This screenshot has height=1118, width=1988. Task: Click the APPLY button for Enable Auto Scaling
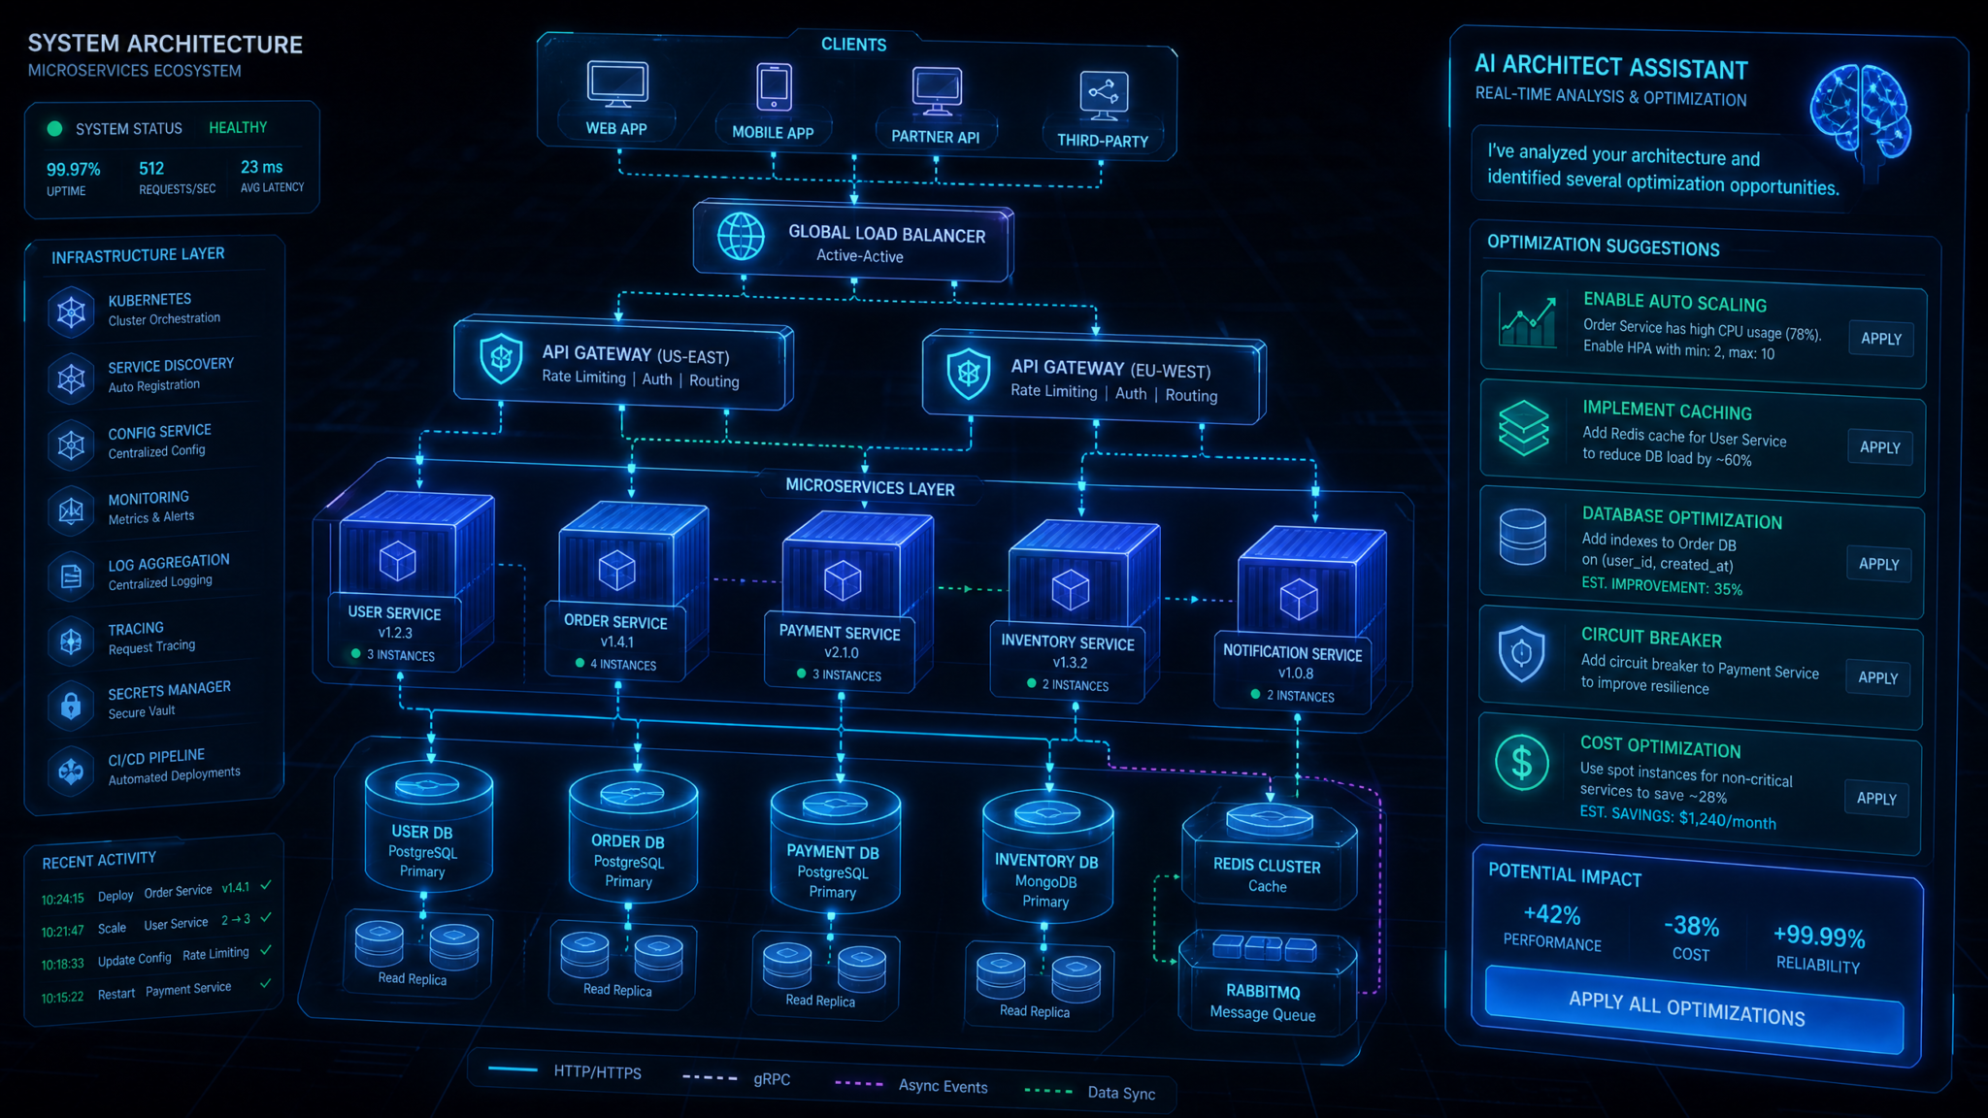(1881, 339)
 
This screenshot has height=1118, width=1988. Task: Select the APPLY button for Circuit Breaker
(1877, 677)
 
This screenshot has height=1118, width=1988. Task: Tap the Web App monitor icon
(616, 84)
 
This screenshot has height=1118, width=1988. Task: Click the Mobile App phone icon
(774, 87)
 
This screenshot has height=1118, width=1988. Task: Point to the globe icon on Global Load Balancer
(741, 236)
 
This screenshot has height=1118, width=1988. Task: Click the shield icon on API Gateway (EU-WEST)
(968, 373)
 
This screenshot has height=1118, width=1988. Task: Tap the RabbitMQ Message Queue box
(1265, 982)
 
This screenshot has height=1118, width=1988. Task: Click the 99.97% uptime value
(74, 169)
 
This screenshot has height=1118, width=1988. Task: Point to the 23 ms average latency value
(262, 167)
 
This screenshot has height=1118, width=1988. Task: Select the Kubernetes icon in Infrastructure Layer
(71, 312)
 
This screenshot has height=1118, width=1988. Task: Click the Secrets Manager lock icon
(71, 705)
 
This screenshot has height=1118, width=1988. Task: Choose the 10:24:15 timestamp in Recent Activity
(63, 899)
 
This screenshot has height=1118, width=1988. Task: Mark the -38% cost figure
(1691, 926)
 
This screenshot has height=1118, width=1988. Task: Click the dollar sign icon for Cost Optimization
(1521, 762)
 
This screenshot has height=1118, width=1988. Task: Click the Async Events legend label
(943, 1086)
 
